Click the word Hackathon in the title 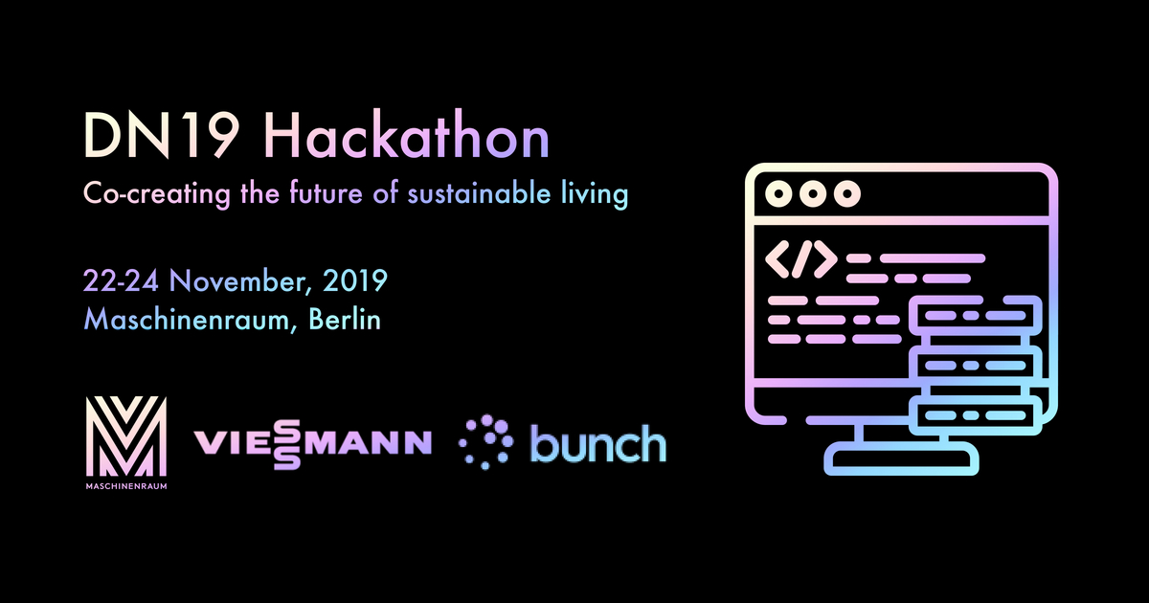pos(408,138)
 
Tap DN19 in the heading pos(164,138)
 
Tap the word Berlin pos(344,319)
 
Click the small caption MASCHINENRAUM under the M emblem pos(127,483)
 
